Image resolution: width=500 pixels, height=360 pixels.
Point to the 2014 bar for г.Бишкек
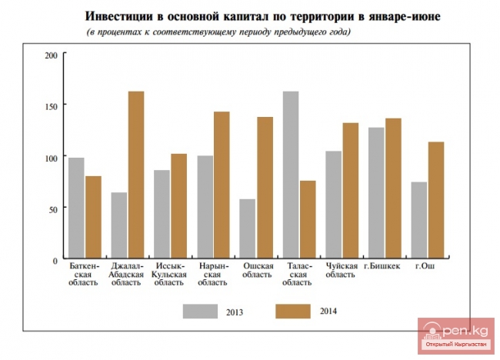[x=393, y=188]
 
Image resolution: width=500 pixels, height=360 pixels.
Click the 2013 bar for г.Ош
[x=419, y=221]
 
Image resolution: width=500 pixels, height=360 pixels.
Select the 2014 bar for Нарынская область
[x=222, y=185]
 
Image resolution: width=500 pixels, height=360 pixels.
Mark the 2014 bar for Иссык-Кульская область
[x=178, y=207]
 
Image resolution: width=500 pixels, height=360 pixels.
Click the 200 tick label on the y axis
[x=52, y=56]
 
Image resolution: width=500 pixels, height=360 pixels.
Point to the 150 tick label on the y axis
[x=52, y=106]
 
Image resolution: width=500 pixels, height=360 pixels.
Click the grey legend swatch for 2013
[x=200, y=311]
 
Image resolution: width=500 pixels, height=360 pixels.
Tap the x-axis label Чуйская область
[x=342, y=270]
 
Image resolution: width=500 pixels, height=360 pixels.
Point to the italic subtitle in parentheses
[x=218, y=32]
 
